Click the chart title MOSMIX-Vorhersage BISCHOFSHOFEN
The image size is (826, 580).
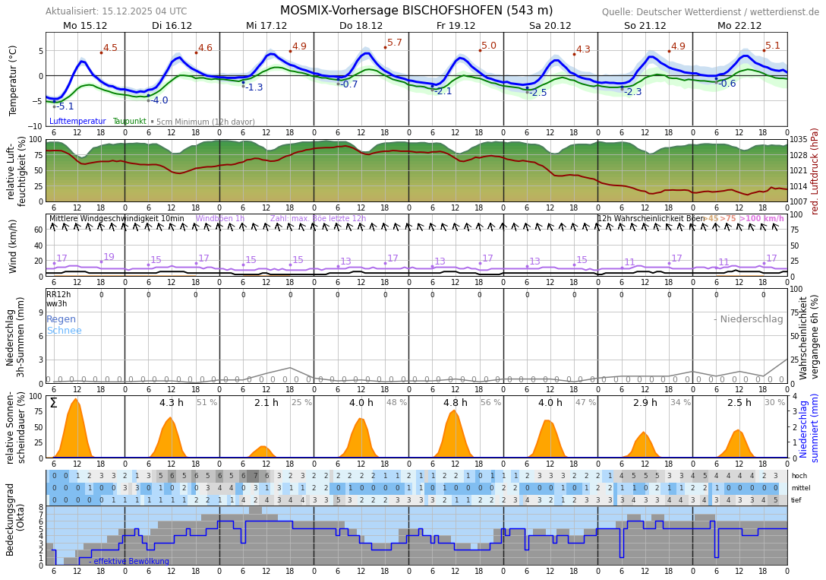[x=416, y=11]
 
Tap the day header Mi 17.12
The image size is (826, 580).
[x=266, y=26]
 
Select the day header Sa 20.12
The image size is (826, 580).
[x=550, y=26]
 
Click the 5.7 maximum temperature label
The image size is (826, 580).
[x=395, y=43]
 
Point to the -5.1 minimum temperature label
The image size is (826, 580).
[x=65, y=106]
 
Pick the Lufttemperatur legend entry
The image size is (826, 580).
[x=77, y=122]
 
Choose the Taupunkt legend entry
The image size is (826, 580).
[x=129, y=122]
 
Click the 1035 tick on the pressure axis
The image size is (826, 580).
[x=799, y=140]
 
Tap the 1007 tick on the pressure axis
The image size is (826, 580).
[x=799, y=201]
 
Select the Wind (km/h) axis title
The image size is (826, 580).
[x=13, y=246]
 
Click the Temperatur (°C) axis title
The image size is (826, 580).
[x=13, y=80]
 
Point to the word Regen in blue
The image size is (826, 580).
[x=61, y=319]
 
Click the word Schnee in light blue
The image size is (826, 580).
[x=64, y=331]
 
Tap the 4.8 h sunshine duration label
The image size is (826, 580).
[x=456, y=403]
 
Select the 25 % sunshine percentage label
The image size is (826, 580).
[x=301, y=403]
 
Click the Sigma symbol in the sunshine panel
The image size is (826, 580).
[x=53, y=403]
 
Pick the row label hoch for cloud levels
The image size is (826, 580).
[x=799, y=476]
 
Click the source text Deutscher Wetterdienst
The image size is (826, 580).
[x=710, y=12]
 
